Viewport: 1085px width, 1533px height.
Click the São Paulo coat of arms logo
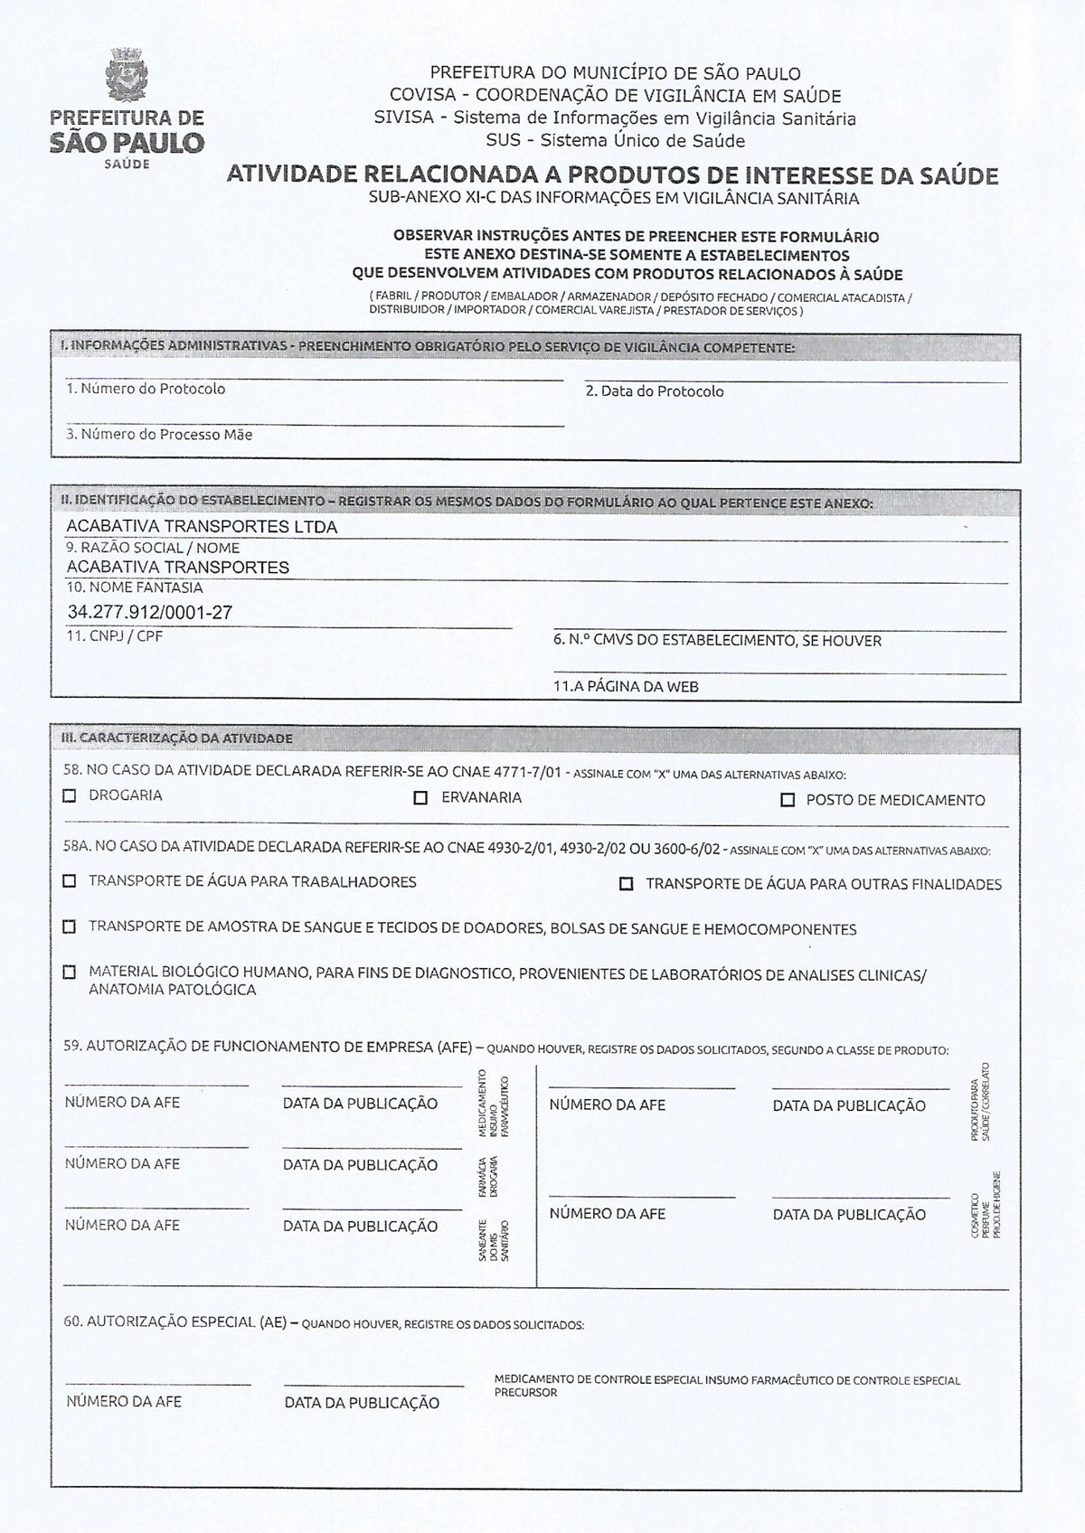(126, 75)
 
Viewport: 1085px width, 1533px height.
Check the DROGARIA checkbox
(70, 796)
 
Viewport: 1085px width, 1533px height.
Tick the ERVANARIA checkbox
(420, 798)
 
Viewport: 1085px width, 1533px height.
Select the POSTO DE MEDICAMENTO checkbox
(788, 800)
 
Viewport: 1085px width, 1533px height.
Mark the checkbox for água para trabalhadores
(70, 881)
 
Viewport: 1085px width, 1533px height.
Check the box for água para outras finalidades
(626, 884)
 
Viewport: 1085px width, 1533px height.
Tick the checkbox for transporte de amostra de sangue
(70, 927)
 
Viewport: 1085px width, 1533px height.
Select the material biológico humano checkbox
(70, 973)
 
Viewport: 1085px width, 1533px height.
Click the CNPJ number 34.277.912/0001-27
(150, 612)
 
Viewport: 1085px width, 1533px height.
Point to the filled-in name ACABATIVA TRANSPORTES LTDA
(202, 527)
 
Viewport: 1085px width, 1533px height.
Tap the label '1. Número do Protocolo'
(146, 389)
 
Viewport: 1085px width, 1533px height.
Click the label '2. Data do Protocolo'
(655, 391)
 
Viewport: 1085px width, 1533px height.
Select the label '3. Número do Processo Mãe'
(159, 435)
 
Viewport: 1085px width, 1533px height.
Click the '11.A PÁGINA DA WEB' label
(626, 686)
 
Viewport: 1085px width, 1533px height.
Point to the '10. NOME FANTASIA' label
(135, 588)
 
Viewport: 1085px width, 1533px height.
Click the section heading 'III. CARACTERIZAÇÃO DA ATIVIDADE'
(176, 738)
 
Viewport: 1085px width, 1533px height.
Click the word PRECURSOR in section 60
(525, 1393)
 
